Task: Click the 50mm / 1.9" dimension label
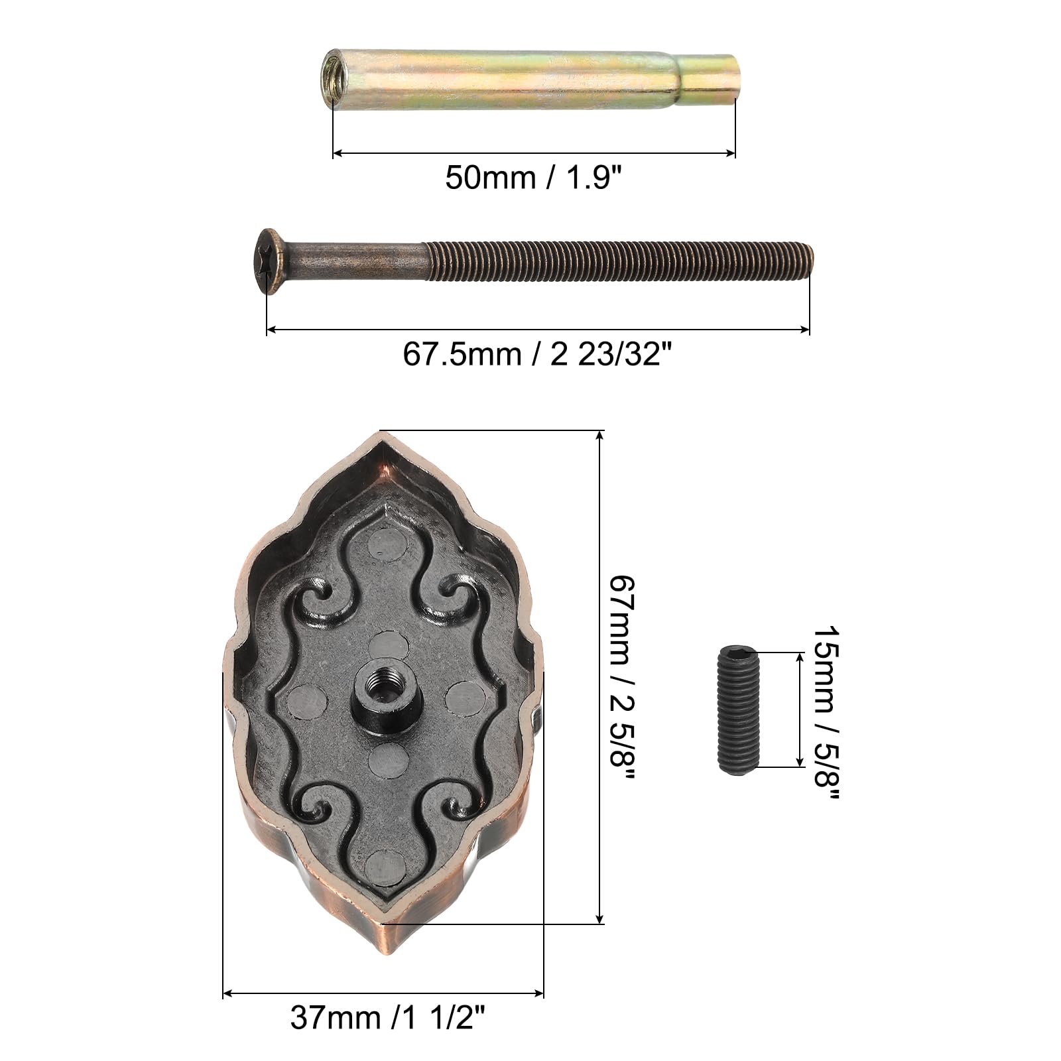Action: pyautogui.click(x=534, y=178)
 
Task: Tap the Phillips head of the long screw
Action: pyautogui.click(x=267, y=262)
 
